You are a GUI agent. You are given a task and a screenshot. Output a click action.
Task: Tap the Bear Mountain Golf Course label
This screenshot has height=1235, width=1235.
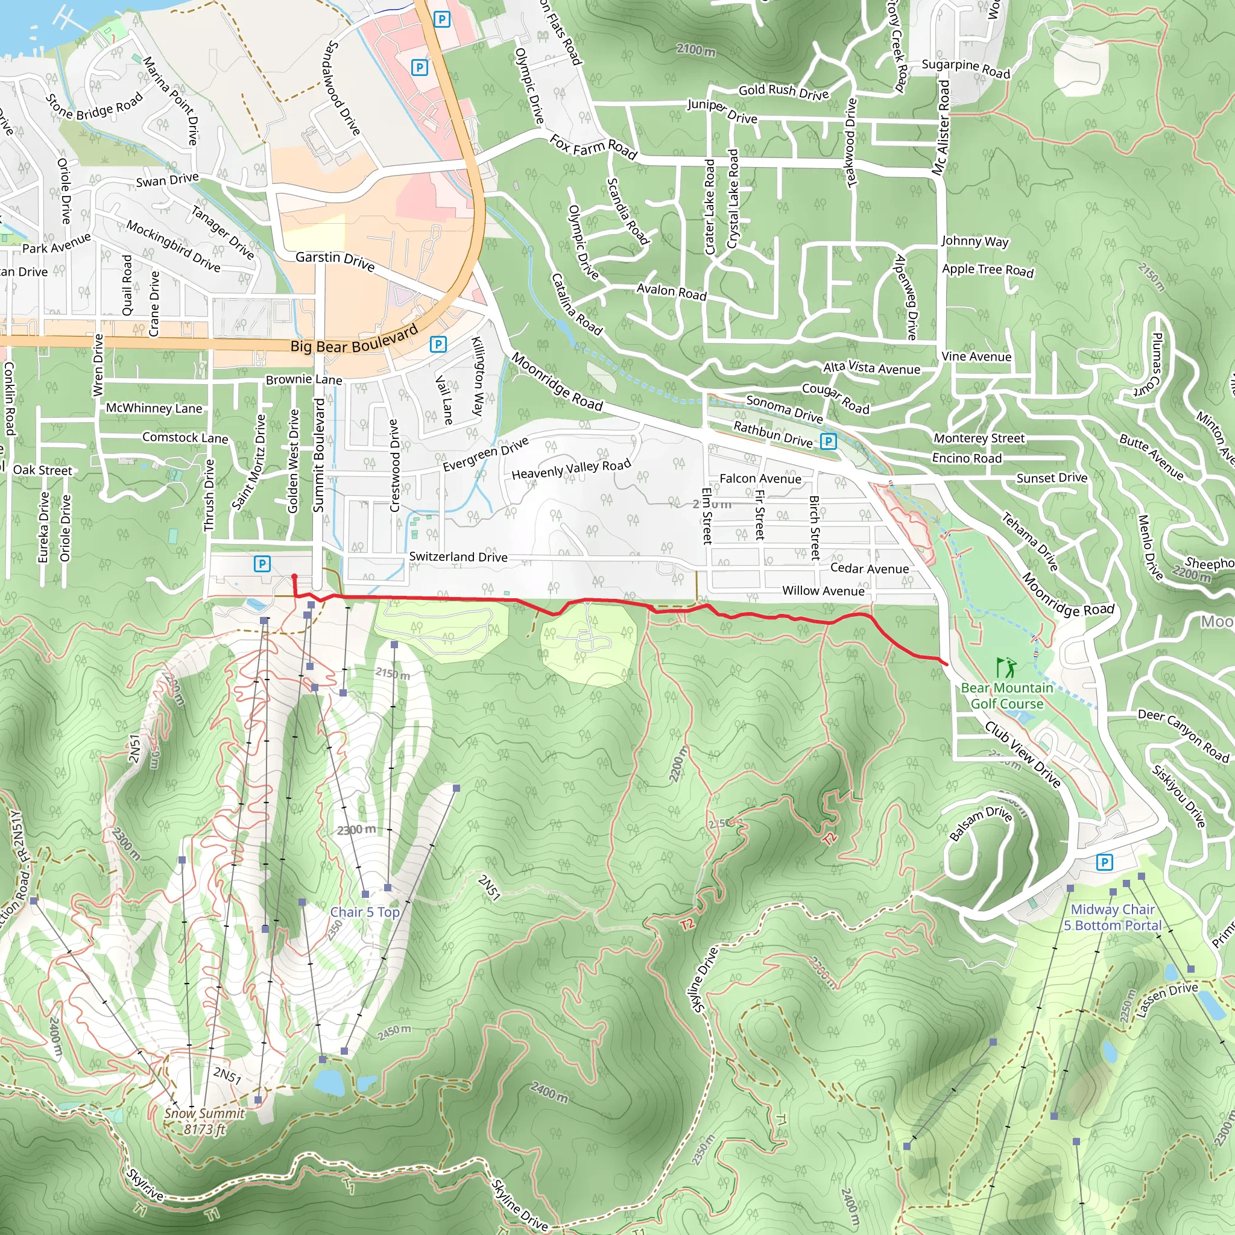coord(1007,695)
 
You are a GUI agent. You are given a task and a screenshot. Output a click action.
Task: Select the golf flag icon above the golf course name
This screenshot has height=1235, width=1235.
coord(1005,668)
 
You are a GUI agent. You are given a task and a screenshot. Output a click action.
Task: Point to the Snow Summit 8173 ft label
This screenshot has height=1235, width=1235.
coord(204,1120)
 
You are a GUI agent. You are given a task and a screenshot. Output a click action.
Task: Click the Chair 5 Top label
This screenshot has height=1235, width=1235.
coord(364,912)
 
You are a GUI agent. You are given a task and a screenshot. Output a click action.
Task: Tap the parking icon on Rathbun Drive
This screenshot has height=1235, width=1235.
coord(829,441)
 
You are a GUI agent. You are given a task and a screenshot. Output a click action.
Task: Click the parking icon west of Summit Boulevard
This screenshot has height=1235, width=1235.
coord(262,564)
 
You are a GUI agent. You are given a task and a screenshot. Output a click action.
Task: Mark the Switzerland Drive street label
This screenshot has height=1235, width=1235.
coord(458,557)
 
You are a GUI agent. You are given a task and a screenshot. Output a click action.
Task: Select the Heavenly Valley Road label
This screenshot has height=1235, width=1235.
coord(571,469)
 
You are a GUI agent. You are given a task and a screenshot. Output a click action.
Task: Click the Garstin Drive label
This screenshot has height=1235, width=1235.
coord(335,259)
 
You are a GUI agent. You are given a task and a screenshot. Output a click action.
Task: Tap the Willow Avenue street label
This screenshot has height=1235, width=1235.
coord(823,590)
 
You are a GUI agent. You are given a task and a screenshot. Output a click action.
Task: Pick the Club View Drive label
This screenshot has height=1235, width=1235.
coord(1023,754)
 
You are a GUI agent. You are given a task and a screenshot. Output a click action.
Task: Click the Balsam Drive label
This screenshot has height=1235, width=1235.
coord(980,823)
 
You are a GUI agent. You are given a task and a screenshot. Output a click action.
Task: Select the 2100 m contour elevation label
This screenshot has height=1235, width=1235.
coord(696,49)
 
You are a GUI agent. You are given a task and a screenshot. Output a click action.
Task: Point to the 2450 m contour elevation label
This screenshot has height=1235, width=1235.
coord(394,1032)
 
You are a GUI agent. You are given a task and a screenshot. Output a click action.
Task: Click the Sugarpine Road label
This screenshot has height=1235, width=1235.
coord(965,68)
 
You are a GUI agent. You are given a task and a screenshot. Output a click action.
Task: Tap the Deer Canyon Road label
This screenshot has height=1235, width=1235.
coord(1183,735)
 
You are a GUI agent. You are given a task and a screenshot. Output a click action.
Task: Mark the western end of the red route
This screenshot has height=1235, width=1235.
coord(294,577)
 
